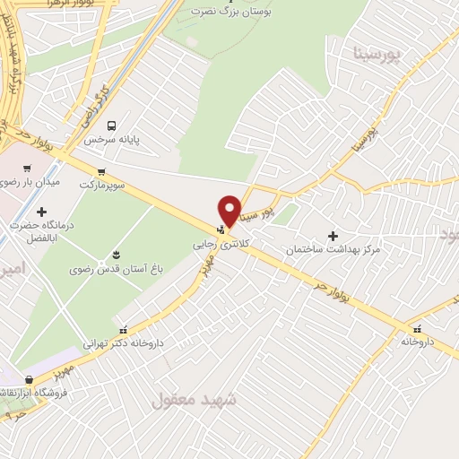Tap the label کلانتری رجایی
pos(214,243)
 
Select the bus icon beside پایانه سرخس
pos(111,126)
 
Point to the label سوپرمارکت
pos(100,185)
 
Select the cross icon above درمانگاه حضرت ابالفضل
pos(41,212)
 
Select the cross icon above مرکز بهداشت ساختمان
pos(333,235)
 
